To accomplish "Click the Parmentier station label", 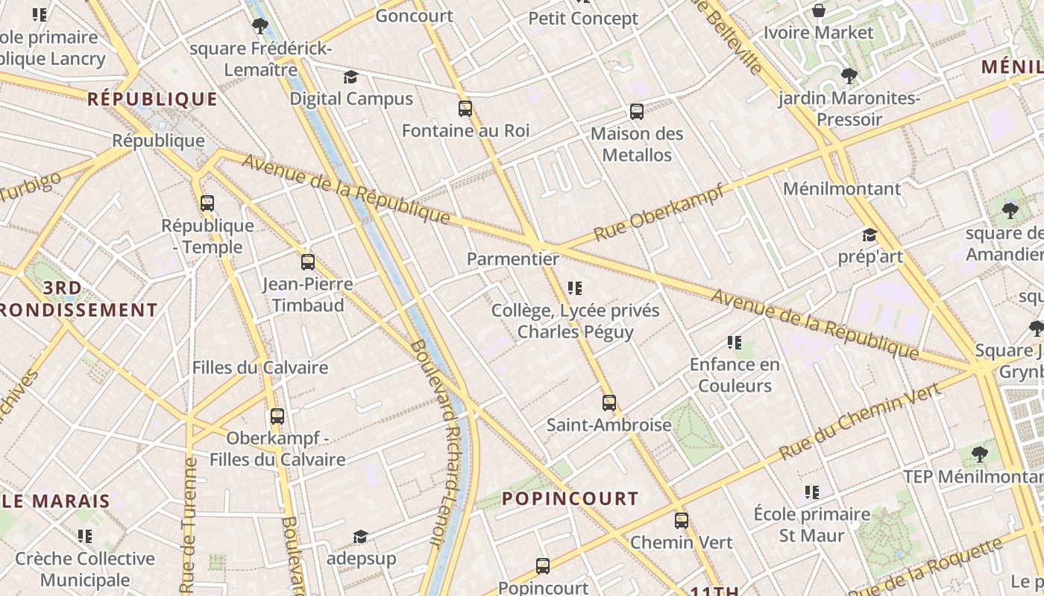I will tap(512, 259).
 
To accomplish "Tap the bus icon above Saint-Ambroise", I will tap(609, 403).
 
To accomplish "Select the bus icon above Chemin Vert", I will tap(682, 521).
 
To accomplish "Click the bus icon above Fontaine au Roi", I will tap(465, 109).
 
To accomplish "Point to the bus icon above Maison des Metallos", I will tap(637, 112).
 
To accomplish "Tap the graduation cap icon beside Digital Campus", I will tap(350, 77).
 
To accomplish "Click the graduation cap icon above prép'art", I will tap(870, 235).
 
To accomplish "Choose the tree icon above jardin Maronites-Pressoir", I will tap(849, 75).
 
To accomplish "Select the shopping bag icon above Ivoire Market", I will tap(818, 10).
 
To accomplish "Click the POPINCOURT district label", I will tap(570, 498).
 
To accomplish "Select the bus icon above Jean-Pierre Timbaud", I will tap(307, 262).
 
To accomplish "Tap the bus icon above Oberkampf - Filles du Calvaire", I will tap(277, 416).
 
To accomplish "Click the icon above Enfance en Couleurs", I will tap(735, 343).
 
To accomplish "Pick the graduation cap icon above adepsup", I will tap(360, 537).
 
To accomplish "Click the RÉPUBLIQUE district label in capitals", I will tap(152, 99).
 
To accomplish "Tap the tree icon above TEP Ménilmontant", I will tap(980, 454).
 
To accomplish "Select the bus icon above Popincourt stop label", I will tap(543, 566).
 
